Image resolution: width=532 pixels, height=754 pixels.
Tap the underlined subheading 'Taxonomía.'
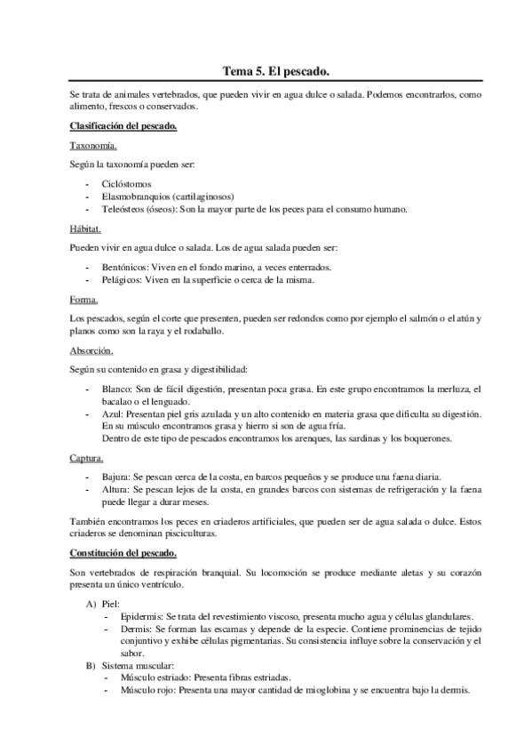coord(92,145)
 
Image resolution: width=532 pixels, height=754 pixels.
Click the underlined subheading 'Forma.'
coord(84,299)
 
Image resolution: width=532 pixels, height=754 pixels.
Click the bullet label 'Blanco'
coord(116,389)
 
